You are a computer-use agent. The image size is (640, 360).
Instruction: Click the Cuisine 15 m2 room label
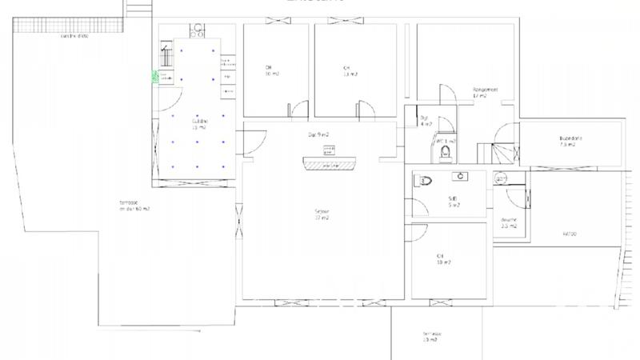coord(198,124)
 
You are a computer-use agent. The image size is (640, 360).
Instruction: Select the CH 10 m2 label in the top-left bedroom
coord(272,70)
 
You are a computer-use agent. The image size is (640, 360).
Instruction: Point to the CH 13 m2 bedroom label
coord(350,70)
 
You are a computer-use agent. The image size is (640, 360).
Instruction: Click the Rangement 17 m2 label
coord(485,93)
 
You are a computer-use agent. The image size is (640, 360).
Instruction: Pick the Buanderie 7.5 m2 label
coord(570,142)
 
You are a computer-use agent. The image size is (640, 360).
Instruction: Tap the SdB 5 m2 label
coord(454,202)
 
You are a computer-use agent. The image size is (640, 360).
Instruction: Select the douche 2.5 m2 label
coord(509,223)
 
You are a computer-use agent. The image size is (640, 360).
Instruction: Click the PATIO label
coord(569,234)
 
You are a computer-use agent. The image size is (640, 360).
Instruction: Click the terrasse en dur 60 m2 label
coord(134,206)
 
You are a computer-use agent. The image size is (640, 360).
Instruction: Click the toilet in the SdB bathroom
coord(422,181)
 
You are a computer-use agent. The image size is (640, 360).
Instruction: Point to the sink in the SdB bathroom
coord(461,175)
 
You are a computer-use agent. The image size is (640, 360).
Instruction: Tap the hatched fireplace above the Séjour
coord(328,164)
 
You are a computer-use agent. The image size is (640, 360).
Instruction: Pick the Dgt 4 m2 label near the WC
coord(426,121)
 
